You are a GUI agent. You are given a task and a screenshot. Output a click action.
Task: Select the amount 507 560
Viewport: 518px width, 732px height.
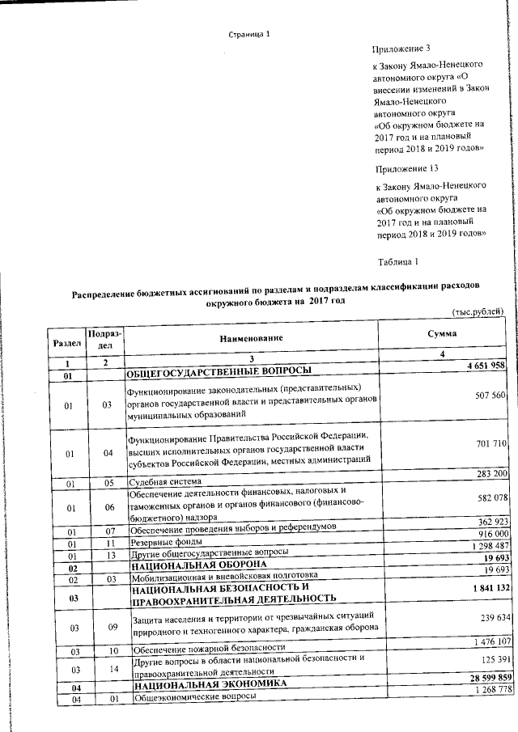click(488, 396)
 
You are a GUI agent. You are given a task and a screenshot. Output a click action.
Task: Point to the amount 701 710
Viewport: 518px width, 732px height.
click(488, 444)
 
